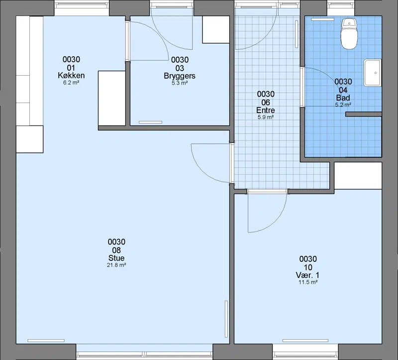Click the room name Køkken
(71, 76)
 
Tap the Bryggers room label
(180, 76)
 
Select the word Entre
(266, 110)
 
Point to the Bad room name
(343, 98)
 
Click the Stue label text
(116, 258)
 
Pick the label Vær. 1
(307, 275)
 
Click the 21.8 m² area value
(116, 265)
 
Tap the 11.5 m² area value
(308, 282)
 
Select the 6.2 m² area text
(71, 82)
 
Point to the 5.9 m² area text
(266, 117)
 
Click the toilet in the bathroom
(349, 33)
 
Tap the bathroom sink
(373, 73)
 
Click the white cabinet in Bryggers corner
(216, 29)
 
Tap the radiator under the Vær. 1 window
(305, 341)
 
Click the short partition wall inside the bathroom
(364, 115)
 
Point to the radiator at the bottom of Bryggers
(150, 122)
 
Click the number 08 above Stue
(116, 250)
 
